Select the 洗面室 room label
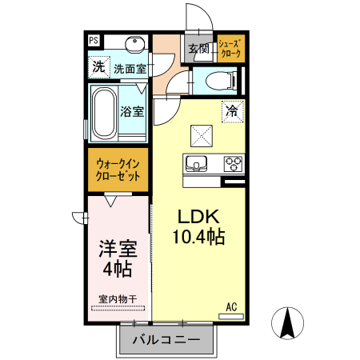129,69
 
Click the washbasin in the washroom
134,43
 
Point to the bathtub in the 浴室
102,113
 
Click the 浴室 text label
132,111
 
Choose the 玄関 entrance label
198,49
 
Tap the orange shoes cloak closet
230,49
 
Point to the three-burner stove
233,164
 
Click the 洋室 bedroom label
117,249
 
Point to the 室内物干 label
118,300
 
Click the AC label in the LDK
231,306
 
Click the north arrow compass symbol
289,323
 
